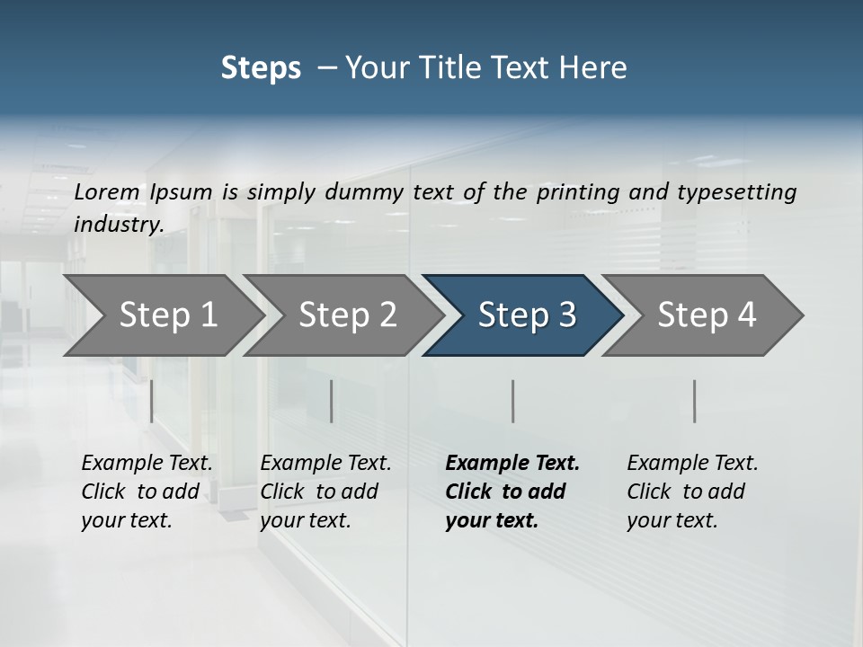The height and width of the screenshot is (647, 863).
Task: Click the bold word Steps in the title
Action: [261, 67]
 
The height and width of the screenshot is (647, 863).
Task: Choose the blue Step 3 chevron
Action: [527, 315]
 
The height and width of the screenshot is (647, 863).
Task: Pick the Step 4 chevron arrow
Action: [707, 315]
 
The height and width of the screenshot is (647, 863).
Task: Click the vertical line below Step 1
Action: [151, 401]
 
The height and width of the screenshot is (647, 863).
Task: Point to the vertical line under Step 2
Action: [332, 401]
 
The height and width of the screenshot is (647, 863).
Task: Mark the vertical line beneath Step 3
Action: [512, 401]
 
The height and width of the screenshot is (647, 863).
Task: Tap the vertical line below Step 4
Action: [694, 401]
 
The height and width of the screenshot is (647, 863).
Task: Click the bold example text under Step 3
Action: [512, 492]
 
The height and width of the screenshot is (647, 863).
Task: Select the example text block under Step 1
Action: [147, 492]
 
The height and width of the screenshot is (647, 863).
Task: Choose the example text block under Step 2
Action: [325, 492]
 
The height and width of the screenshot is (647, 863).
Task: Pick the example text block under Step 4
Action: [692, 492]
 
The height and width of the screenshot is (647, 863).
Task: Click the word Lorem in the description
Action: [107, 191]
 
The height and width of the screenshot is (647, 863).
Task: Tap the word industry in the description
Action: [119, 224]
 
